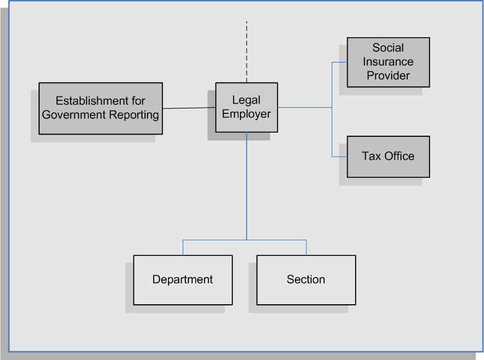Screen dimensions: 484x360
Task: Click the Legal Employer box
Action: tap(246, 107)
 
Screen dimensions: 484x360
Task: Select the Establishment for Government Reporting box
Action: tap(100, 108)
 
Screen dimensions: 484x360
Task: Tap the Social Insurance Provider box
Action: tap(389, 62)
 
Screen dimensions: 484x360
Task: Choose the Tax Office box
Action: tap(389, 157)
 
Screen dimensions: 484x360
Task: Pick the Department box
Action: tap(183, 279)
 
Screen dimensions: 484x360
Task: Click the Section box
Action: tap(306, 279)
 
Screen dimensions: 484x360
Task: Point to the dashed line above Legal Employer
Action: tap(247, 51)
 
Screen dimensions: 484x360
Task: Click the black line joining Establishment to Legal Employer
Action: tap(189, 108)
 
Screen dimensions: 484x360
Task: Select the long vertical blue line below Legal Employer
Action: tap(247, 186)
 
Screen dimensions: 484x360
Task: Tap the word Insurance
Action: tap(388, 62)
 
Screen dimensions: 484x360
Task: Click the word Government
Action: tap(74, 115)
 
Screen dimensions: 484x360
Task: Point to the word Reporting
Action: tap(134, 115)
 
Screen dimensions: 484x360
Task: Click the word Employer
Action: tap(246, 114)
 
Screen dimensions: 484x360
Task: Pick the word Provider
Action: tap(388, 76)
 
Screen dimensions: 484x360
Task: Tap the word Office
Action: tap(400, 156)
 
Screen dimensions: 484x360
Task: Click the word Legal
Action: tap(246, 100)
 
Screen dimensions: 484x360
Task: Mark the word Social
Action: tap(388, 48)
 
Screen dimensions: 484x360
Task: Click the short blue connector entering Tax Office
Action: tap(340, 157)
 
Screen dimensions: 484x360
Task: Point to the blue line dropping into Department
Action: tap(183, 247)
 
